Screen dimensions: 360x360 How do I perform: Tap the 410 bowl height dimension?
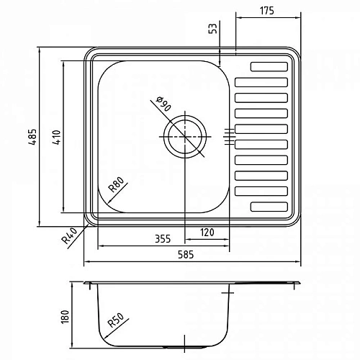(x=58, y=137)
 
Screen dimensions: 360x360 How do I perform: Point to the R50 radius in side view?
(x=117, y=320)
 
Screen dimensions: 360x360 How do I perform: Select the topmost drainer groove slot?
(x=270, y=68)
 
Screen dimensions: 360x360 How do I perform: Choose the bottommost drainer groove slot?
(x=270, y=206)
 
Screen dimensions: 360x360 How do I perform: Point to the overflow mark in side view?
(x=229, y=293)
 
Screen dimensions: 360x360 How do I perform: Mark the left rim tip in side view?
(x=86, y=282)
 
